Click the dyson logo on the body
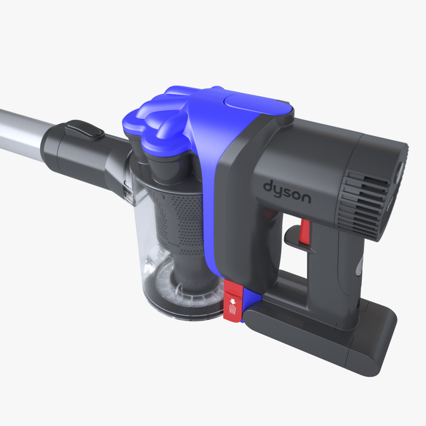[x=287, y=192]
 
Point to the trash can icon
[x=232, y=310]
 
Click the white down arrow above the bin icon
[x=232, y=301]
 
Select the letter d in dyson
[x=269, y=186]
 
